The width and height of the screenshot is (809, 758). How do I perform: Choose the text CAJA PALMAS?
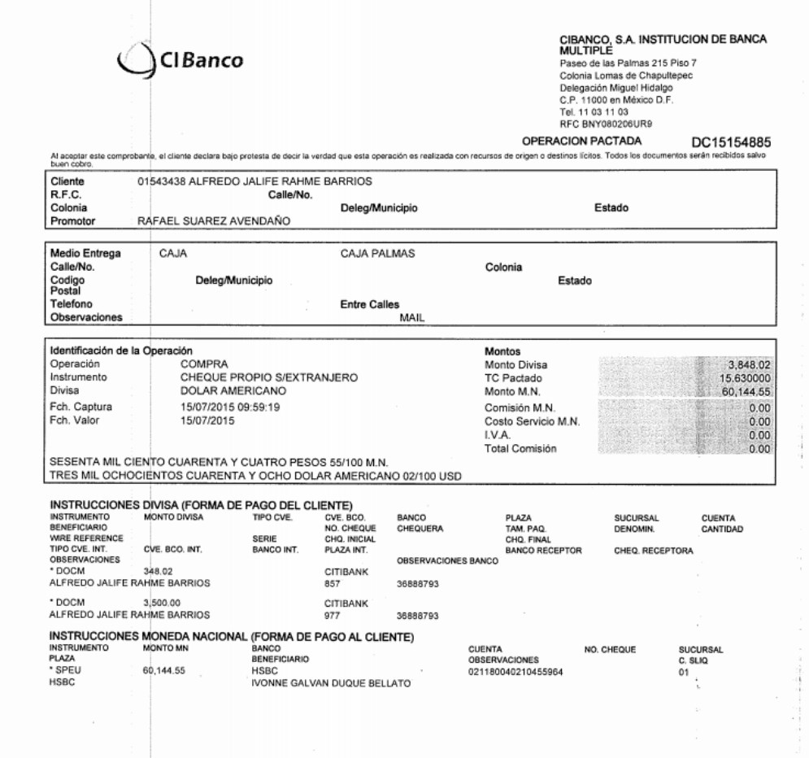377,254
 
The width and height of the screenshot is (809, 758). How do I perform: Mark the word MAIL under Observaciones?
414,318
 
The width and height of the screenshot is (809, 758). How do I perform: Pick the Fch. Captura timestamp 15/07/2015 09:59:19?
230,407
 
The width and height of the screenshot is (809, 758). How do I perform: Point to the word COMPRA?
204,364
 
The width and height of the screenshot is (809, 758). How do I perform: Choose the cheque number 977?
333,616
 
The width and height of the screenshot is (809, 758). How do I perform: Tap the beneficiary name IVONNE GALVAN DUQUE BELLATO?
331,683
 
